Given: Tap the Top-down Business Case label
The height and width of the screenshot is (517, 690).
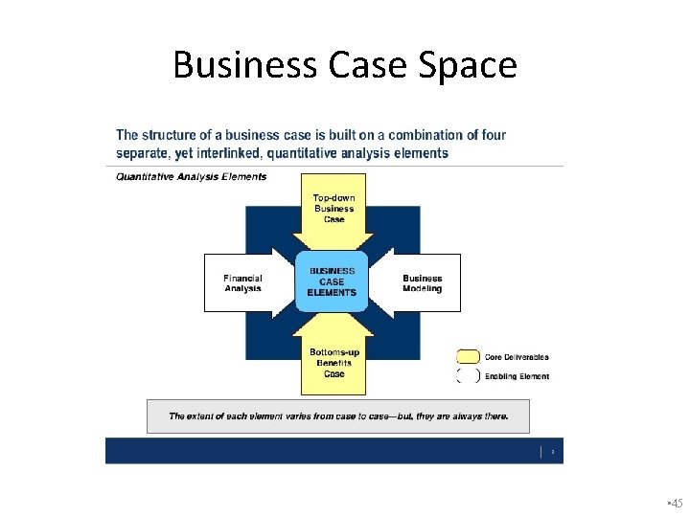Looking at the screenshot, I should coord(333,209).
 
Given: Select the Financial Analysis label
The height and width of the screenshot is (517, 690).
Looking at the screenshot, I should coord(242,283).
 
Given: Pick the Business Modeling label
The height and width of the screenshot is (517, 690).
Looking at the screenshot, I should coord(423,283).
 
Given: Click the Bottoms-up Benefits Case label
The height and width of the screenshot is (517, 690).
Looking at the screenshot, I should coord(333,363).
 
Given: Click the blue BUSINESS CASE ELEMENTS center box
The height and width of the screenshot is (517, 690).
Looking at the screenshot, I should coord(332,282).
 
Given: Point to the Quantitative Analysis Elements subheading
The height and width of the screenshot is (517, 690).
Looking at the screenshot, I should coord(192,176).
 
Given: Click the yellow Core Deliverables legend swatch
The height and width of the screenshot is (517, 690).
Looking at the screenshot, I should coord(469,357).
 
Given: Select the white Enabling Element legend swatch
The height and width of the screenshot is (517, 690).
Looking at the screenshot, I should coord(469,376).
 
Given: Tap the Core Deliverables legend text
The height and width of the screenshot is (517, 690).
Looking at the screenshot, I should coord(517,357).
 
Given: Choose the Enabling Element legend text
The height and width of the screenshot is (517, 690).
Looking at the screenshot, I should coord(517,376).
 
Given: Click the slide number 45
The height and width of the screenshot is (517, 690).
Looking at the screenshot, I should coord(676,503).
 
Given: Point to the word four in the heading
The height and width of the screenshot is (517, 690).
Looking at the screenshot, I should coord(492,135).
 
